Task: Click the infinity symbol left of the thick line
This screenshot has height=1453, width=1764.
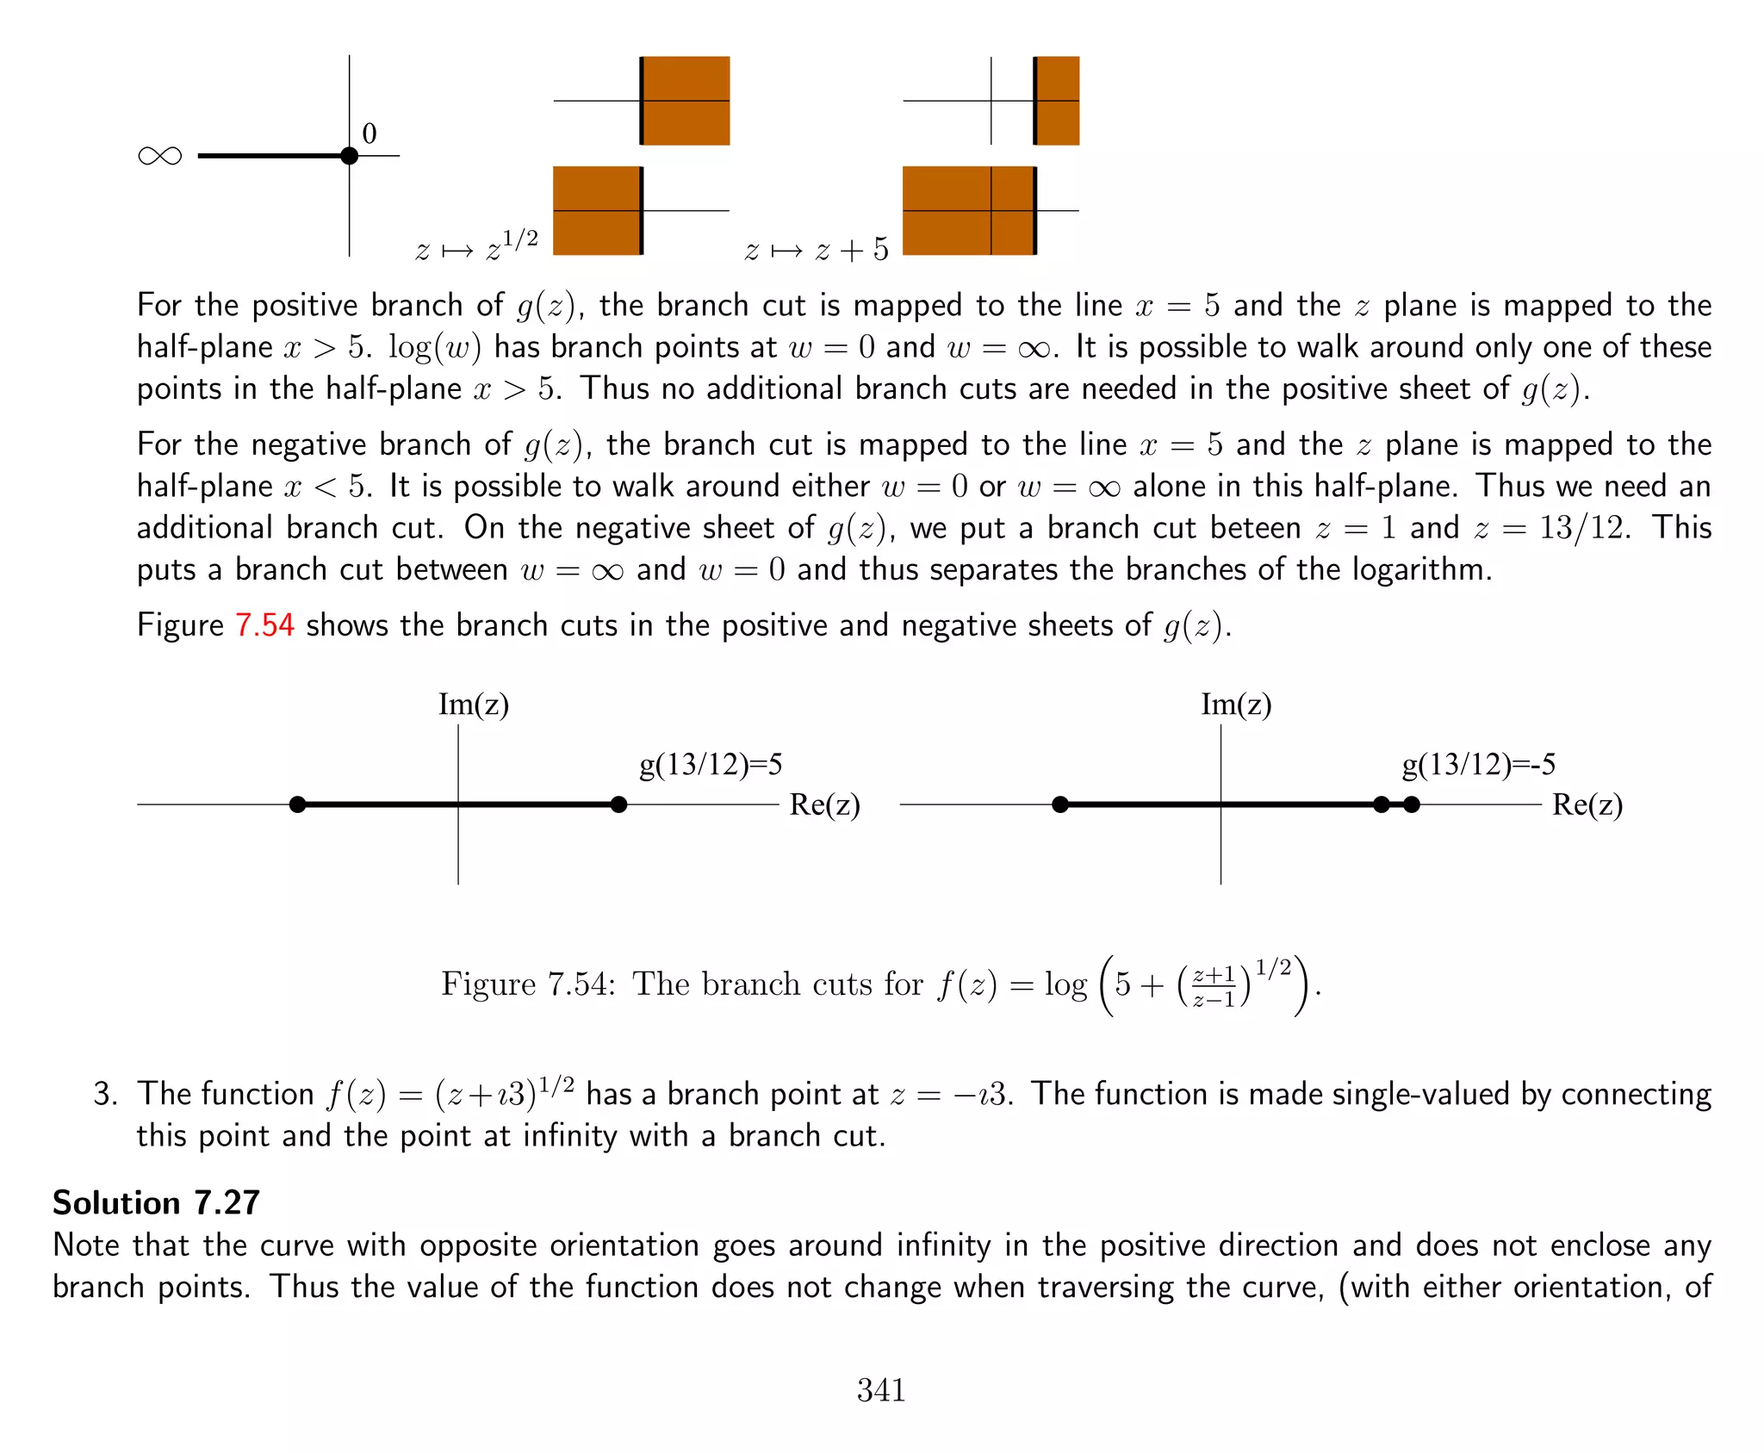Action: click(x=160, y=156)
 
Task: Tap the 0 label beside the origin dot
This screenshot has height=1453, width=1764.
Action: click(x=370, y=134)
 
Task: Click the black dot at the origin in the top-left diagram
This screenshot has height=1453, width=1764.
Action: click(x=349, y=156)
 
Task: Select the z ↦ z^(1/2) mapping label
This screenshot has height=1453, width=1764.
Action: click(x=477, y=247)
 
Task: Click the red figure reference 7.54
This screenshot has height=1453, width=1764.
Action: click(x=265, y=624)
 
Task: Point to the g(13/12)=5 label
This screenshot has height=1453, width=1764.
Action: click(x=711, y=764)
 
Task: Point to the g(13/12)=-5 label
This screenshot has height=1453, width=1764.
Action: click(x=1479, y=764)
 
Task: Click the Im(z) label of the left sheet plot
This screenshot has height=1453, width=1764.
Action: click(x=474, y=705)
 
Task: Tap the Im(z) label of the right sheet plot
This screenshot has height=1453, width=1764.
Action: click(x=1236, y=705)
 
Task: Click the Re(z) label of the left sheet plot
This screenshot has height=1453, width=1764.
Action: click(x=824, y=804)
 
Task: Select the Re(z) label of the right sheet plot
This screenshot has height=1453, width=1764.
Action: click(x=1587, y=804)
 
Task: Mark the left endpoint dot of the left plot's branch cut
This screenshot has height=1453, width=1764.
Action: click(x=298, y=804)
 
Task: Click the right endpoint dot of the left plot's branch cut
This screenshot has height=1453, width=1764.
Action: click(x=618, y=804)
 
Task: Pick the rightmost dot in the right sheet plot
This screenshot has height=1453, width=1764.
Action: click(x=1411, y=804)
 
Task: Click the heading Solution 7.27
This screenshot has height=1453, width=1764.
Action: click(x=156, y=1202)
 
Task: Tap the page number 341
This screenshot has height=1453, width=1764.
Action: click(x=881, y=1389)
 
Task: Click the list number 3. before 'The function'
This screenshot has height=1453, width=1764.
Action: click(x=105, y=1094)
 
